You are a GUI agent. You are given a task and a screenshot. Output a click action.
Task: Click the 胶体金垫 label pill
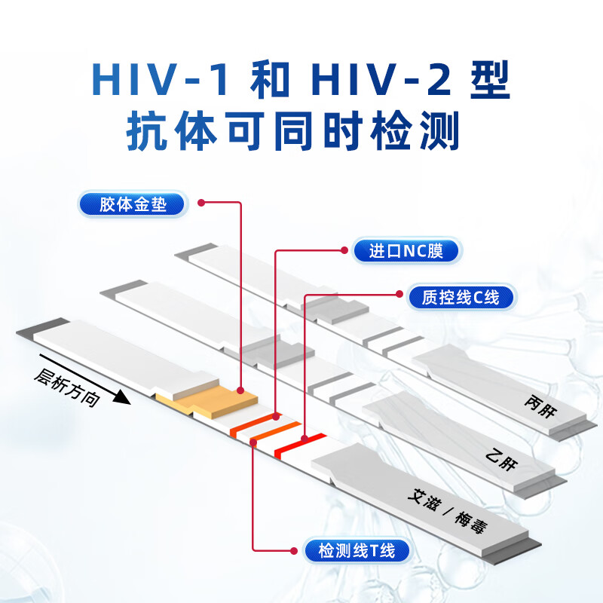pyautogui.click(x=133, y=204)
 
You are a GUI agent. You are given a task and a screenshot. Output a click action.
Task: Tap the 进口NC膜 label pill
pyautogui.click(x=406, y=251)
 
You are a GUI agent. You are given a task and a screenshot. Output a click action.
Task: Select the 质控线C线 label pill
pyautogui.click(x=461, y=297)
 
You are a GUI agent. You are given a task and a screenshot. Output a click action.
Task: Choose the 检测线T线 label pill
pyautogui.click(x=357, y=550)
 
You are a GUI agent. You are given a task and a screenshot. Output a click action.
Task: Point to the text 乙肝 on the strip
pyautogui.click(x=503, y=457)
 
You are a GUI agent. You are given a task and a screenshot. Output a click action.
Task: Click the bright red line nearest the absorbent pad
pyautogui.click(x=300, y=444)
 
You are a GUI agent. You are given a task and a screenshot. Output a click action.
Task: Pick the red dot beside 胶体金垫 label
pyautogui.click(x=202, y=202)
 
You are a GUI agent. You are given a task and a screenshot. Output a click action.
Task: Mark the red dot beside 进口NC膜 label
pyautogui.click(x=346, y=249)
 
